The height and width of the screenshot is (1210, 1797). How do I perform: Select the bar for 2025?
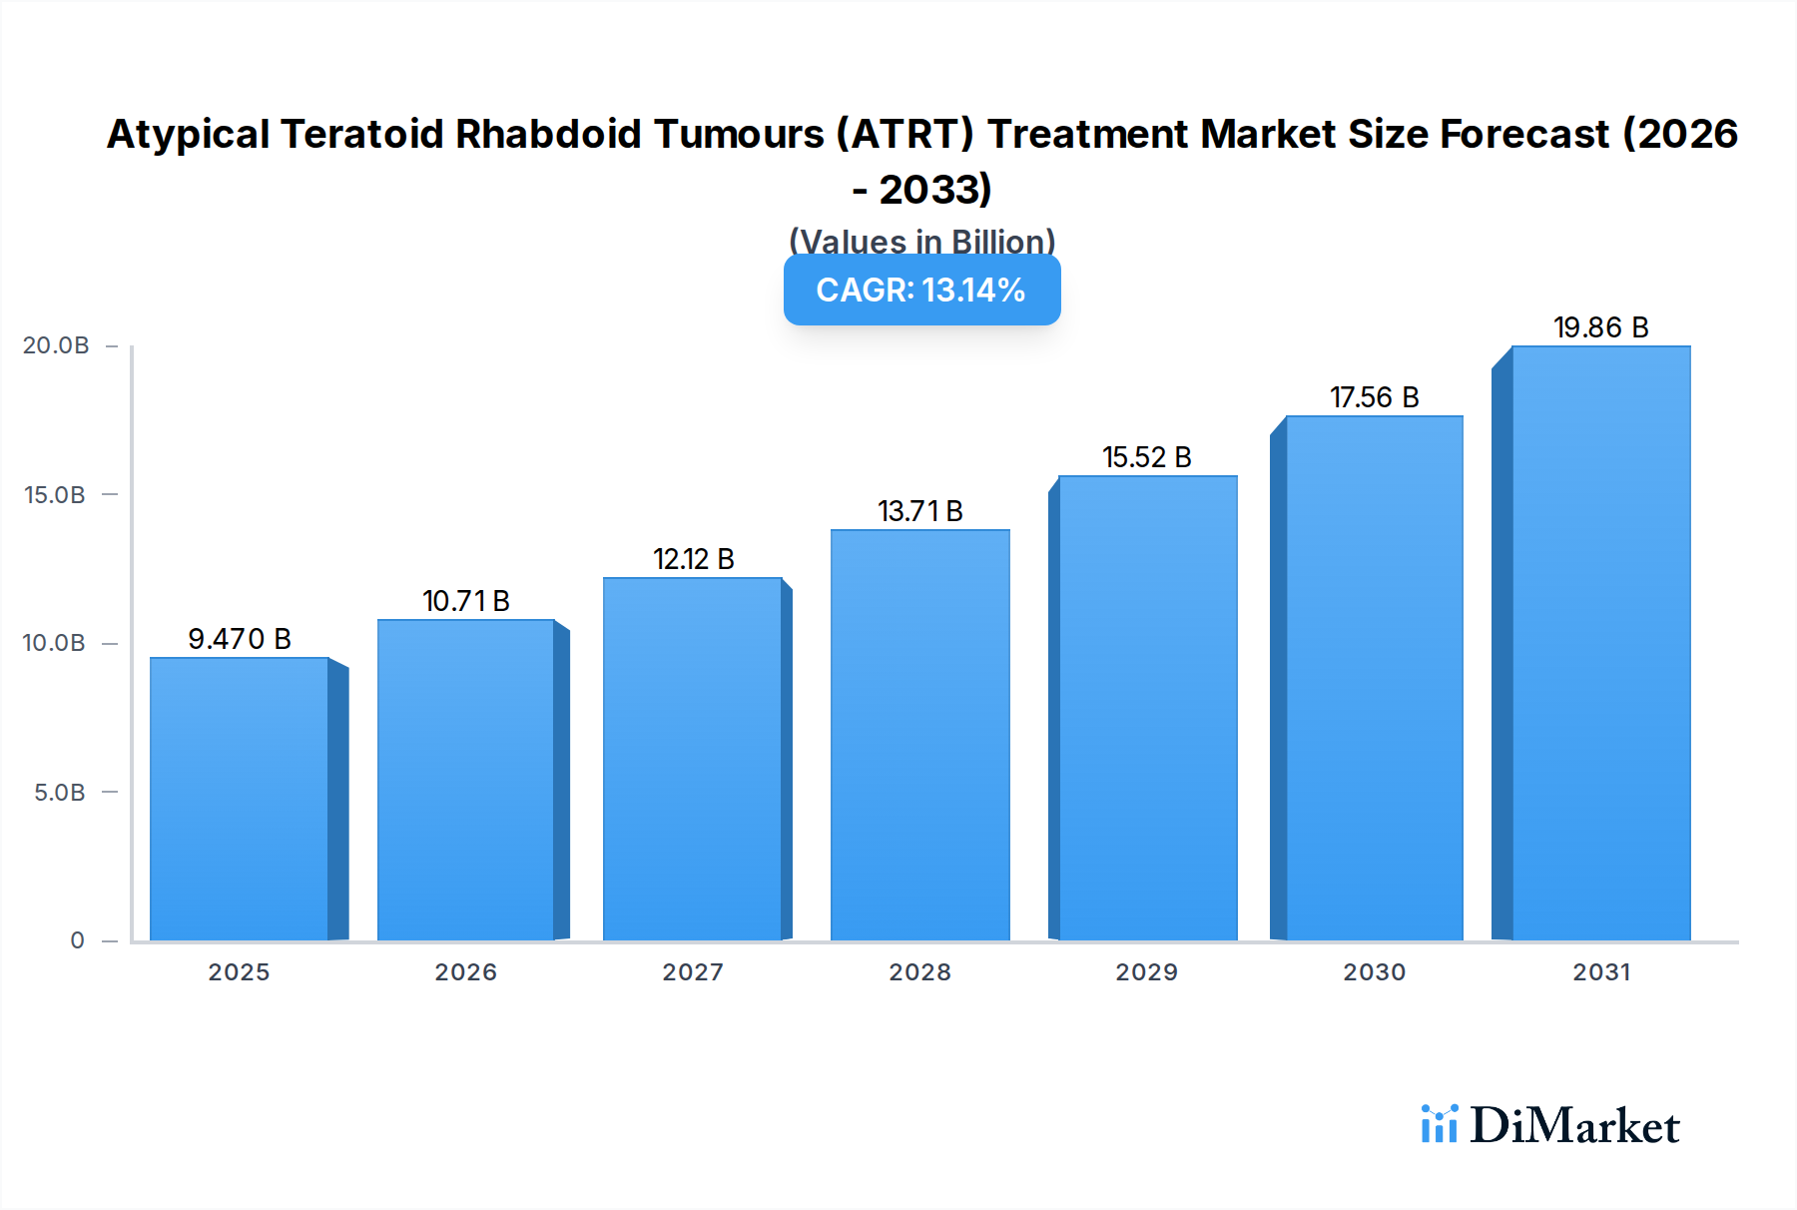240,799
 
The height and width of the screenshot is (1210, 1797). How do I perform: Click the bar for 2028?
919,735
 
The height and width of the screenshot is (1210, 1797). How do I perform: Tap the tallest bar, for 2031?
1600,643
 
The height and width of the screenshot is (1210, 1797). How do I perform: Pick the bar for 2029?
1147,708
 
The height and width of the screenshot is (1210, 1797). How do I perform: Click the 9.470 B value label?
240,639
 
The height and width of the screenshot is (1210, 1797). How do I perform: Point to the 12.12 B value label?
694,559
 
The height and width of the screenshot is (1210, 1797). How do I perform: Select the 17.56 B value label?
1375,397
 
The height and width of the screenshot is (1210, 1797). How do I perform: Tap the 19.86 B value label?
1600,327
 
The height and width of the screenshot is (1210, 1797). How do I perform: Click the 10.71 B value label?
466,601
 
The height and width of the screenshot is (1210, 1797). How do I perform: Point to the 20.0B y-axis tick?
56,345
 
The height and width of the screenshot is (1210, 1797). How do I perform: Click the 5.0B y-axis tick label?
60,793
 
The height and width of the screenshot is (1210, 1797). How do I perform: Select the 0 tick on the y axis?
77,940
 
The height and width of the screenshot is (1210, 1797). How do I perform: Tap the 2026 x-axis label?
466,972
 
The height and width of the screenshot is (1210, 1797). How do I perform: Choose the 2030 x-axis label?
1375,972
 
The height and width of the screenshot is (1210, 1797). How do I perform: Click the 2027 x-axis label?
693,972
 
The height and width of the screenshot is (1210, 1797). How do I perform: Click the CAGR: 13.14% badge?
921,291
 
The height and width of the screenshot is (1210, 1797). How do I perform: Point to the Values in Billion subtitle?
921,241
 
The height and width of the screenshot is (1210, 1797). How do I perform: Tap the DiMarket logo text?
1574,1126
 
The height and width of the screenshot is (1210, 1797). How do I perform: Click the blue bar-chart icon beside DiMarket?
1439,1124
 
